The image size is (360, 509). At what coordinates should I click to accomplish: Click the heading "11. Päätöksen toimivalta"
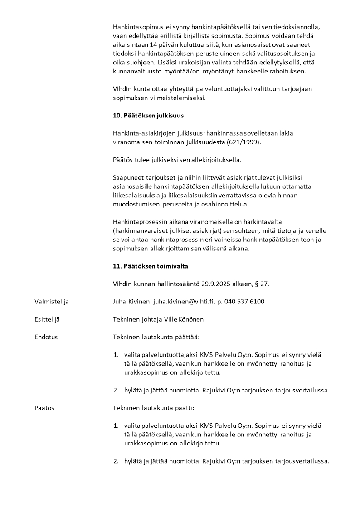click(150, 266)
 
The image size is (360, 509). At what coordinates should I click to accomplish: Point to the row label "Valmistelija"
click(52, 302)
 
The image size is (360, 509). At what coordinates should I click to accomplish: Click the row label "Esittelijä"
click(47, 319)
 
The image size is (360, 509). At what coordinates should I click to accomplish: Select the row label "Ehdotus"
click(46, 337)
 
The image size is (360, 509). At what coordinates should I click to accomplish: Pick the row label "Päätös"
click(44, 408)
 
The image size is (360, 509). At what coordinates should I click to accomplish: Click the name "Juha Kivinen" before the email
click(131, 302)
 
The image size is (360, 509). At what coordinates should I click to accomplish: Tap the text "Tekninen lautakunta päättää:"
click(156, 337)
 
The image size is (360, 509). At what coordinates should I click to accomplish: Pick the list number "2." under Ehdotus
click(116, 390)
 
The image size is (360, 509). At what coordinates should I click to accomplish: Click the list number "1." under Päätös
click(116, 426)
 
